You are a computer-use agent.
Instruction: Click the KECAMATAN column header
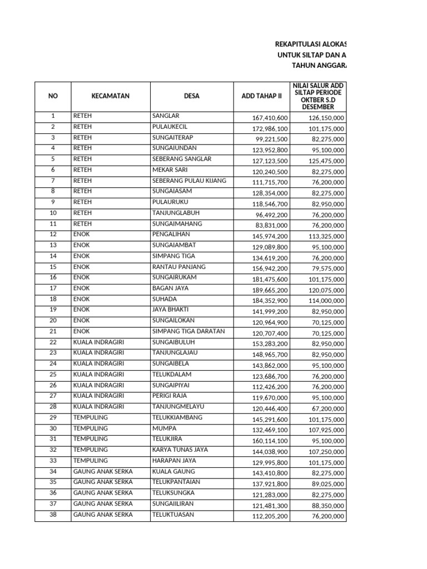click(x=110, y=96)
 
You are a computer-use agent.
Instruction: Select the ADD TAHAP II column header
click(x=261, y=96)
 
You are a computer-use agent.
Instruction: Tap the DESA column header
click(x=191, y=96)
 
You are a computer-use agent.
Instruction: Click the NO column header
click(x=53, y=96)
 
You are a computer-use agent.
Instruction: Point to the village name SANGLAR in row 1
click(x=166, y=116)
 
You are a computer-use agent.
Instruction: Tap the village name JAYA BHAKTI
click(x=171, y=310)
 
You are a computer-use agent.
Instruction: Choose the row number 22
click(x=53, y=342)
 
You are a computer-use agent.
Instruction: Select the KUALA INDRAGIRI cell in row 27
click(x=98, y=396)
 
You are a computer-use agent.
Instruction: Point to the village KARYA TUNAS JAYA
click(x=180, y=450)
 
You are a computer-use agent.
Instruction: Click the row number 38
click(x=53, y=515)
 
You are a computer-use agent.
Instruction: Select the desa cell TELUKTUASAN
click(x=173, y=515)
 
